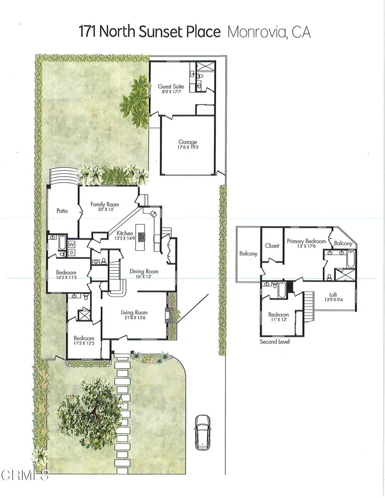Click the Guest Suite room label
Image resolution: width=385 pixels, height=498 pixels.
[x=171, y=87]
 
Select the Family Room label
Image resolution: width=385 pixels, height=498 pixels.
[x=105, y=205]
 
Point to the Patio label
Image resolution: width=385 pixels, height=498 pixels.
[x=61, y=211]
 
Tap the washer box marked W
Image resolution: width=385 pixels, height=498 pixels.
[x=71, y=244]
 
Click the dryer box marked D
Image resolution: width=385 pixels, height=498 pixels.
[x=71, y=252]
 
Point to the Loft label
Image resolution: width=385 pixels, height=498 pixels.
[x=332, y=294]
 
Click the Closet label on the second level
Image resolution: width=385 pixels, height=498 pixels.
[x=272, y=246]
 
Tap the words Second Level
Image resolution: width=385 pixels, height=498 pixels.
[x=275, y=342]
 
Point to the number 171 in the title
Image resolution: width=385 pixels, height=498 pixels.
[x=89, y=33]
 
